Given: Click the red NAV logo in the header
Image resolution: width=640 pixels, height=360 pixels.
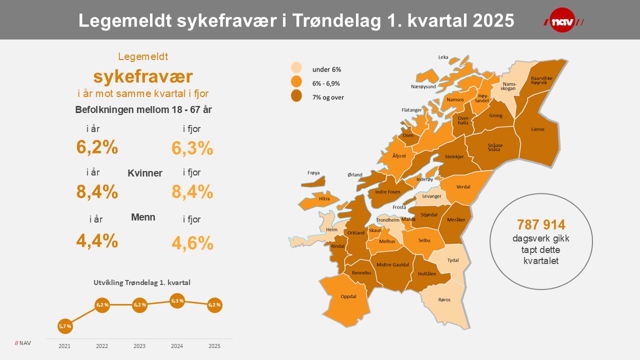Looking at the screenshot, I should pyautogui.click(x=563, y=20).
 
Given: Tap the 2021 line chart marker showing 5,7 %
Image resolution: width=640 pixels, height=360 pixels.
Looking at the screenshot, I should pyautogui.click(x=65, y=326).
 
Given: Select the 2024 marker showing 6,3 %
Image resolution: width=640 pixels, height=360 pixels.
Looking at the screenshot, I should pyautogui.click(x=177, y=301).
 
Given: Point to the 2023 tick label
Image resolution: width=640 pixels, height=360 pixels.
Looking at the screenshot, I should pyautogui.click(x=139, y=346).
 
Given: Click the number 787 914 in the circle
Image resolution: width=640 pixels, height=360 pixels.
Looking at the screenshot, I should pyautogui.click(x=541, y=224).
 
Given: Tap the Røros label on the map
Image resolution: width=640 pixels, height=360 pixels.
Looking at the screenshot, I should pyautogui.click(x=444, y=300).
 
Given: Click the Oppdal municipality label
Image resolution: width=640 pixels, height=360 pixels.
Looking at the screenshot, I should pyautogui.click(x=348, y=296).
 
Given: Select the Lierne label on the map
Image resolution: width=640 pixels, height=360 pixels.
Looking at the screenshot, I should pyautogui.click(x=537, y=129).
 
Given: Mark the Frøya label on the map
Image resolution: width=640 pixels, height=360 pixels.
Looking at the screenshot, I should pyautogui.click(x=313, y=173).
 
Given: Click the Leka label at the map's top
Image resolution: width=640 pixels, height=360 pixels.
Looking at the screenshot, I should pyautogui.click(x=443, y=57).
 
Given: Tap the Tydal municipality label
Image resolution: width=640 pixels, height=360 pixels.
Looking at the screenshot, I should pyautogui.click(x=453, y=260).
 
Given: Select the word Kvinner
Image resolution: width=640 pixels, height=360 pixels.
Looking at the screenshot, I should pyautogui.click(x=145, y=173).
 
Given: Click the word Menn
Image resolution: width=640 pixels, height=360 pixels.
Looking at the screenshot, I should pyautogui.click(x=143, y=217).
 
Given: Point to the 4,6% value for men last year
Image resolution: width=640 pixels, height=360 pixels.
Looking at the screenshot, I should pyautogui.click(x=192, y=243).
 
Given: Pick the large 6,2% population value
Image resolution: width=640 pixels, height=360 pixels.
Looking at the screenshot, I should pyautogui.click(x=97, y=147).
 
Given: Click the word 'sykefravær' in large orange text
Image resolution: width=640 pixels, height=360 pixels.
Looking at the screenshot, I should pyautogui.click(x=143, y=76).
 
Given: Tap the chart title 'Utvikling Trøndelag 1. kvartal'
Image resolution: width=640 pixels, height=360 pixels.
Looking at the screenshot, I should pyautogui.click(x=142, y=282).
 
